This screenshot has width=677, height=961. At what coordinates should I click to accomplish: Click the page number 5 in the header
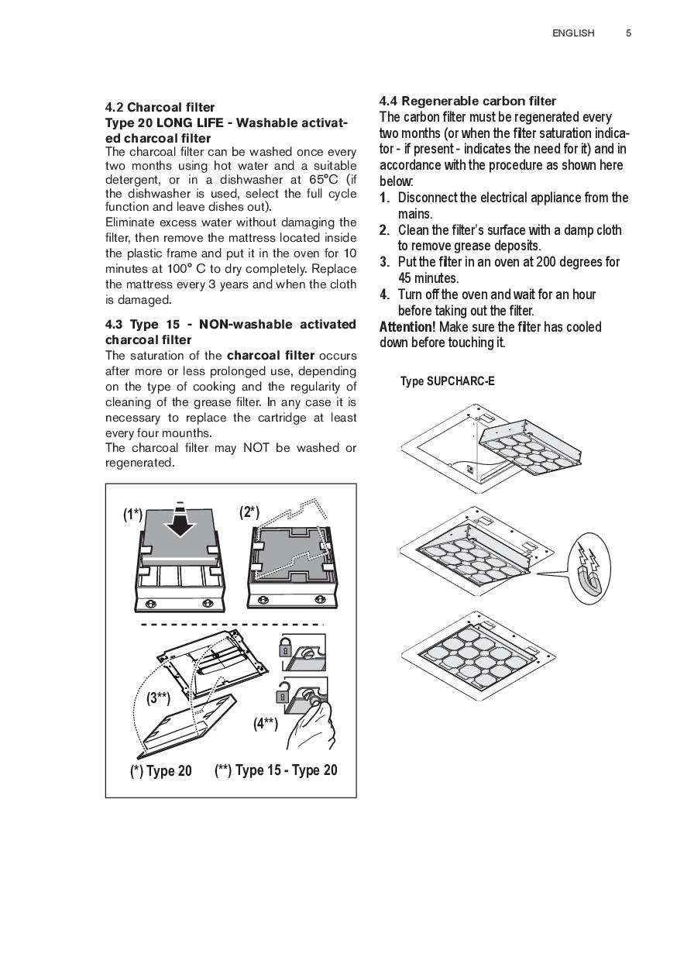click(628, 33)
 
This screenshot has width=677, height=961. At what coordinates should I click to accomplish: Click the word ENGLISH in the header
click(573, 33)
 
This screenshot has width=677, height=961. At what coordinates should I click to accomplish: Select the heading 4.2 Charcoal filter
click(160, 107)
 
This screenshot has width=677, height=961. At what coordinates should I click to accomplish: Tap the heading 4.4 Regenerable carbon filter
click(467, 101)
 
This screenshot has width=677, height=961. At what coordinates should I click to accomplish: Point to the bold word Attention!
click(407, 327)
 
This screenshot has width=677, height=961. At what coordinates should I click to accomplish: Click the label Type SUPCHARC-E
click(447, 381)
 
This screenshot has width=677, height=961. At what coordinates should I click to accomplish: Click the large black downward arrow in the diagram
click(179, 526)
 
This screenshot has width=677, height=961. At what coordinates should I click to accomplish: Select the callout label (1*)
click(132, 514)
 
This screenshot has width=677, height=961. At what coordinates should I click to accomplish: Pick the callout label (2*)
click(249, 513)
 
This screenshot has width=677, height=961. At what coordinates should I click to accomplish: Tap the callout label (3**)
click(158, 697)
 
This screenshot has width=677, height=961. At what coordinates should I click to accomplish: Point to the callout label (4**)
click(265, 724)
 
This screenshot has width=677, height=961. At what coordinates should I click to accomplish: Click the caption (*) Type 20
click(160, 771)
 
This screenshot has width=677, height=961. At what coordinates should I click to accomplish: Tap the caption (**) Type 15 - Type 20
click(275, 770)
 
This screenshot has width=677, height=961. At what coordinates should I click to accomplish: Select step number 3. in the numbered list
click(384, 262)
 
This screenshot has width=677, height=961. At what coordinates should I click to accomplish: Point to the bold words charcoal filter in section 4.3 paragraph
click(270, 356)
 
